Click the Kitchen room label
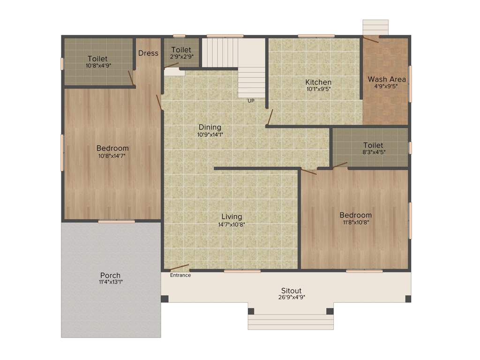(x=319, y=82)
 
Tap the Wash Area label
(x=387, y=79)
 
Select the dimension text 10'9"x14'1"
(x=210, y=135)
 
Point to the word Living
(x=232, y=217)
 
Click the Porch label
(x=111, y=275)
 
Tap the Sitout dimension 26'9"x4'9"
(x=291, y=297)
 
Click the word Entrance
(x=180, y=275)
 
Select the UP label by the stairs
(x=251, y=100)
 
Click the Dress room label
(x=148, y=53)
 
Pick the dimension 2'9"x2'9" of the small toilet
(x=181, y=57)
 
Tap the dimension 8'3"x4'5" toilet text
(x=373, y=152)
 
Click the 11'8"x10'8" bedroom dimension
(x=356, y=223)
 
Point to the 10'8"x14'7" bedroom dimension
(x=112, y=156)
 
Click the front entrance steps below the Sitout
(x=291, y=322)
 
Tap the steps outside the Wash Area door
(x=375, y=27)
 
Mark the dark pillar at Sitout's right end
(x=408, y=299)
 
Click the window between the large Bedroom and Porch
(x=116, y=221)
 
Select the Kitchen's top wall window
(x=316, y=36)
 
